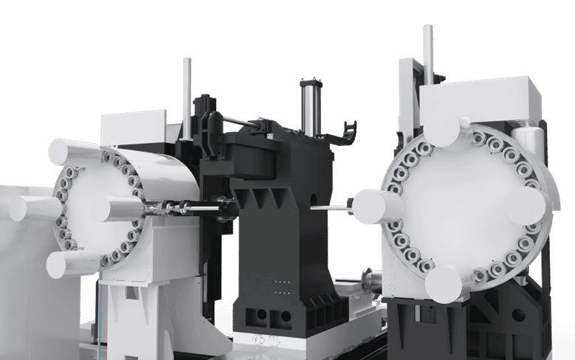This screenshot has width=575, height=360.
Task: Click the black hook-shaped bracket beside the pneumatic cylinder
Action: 349,134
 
